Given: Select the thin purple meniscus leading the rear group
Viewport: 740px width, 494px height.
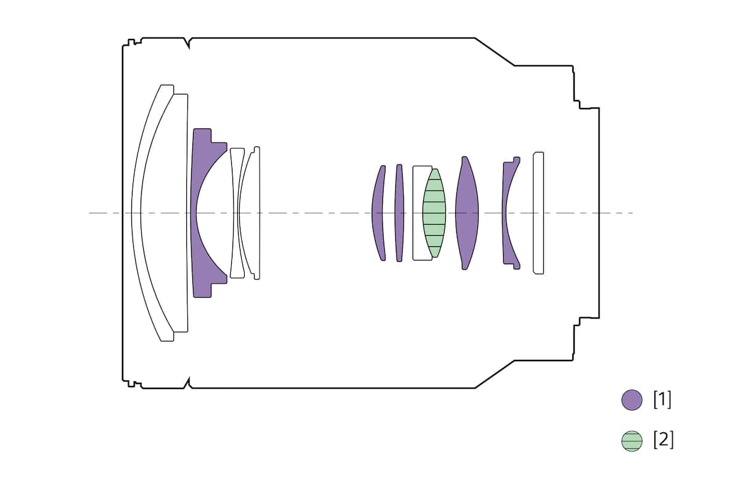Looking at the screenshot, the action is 377,213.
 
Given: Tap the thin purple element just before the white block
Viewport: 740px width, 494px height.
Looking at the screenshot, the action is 400,213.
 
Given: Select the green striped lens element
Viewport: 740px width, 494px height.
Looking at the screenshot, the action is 434,213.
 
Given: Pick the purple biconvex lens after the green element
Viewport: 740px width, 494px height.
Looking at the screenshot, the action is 466,213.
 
